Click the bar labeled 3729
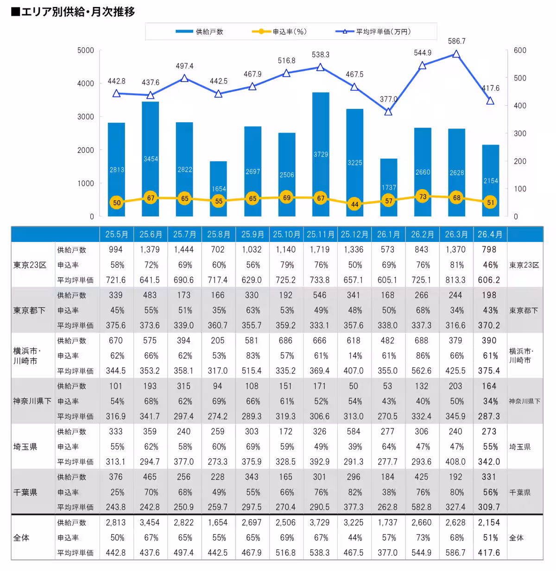[x=321, y=154]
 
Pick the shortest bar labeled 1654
[x=219, y=189]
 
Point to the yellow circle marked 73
[x=423, y=197]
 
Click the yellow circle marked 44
[x=355, y=204]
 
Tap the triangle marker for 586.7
[x=456, y=54]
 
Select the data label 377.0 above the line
[x=388, y=99]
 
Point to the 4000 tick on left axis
[x=86, y=83]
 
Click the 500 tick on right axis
[x=520, y=78]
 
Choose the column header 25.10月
[x=287, y=235]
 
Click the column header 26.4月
[x=490, y=235]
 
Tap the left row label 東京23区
[x=30, y=265]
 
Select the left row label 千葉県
[x=25, y=492]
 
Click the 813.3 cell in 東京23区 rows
[x=455, y=280]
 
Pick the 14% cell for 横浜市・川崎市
[x=355, y=355]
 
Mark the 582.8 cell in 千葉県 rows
[x=422, y=507]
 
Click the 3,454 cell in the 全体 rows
[x=150, y=522]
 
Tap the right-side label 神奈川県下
[x=524, y=401]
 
